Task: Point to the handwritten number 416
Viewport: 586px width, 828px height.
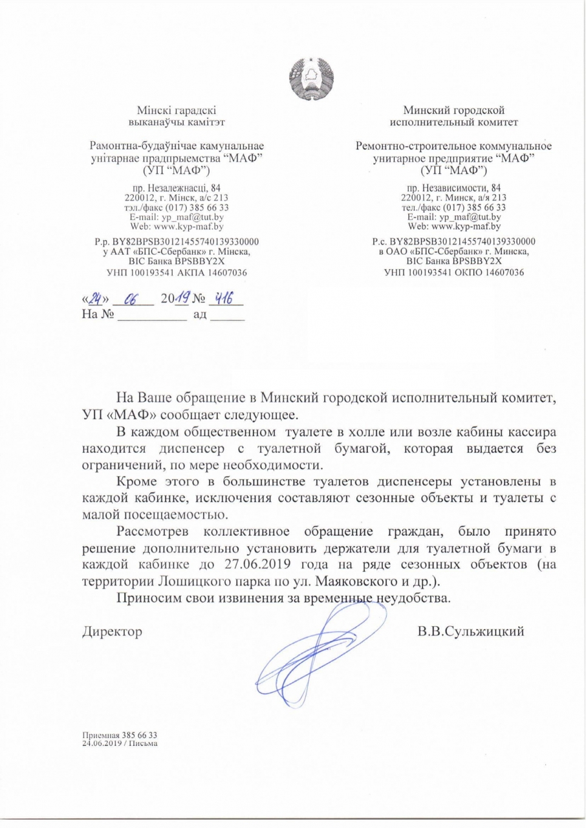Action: (225, 301)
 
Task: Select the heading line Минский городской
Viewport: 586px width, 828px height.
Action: (453, 110)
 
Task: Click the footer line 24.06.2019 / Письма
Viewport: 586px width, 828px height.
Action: (120, 743)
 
